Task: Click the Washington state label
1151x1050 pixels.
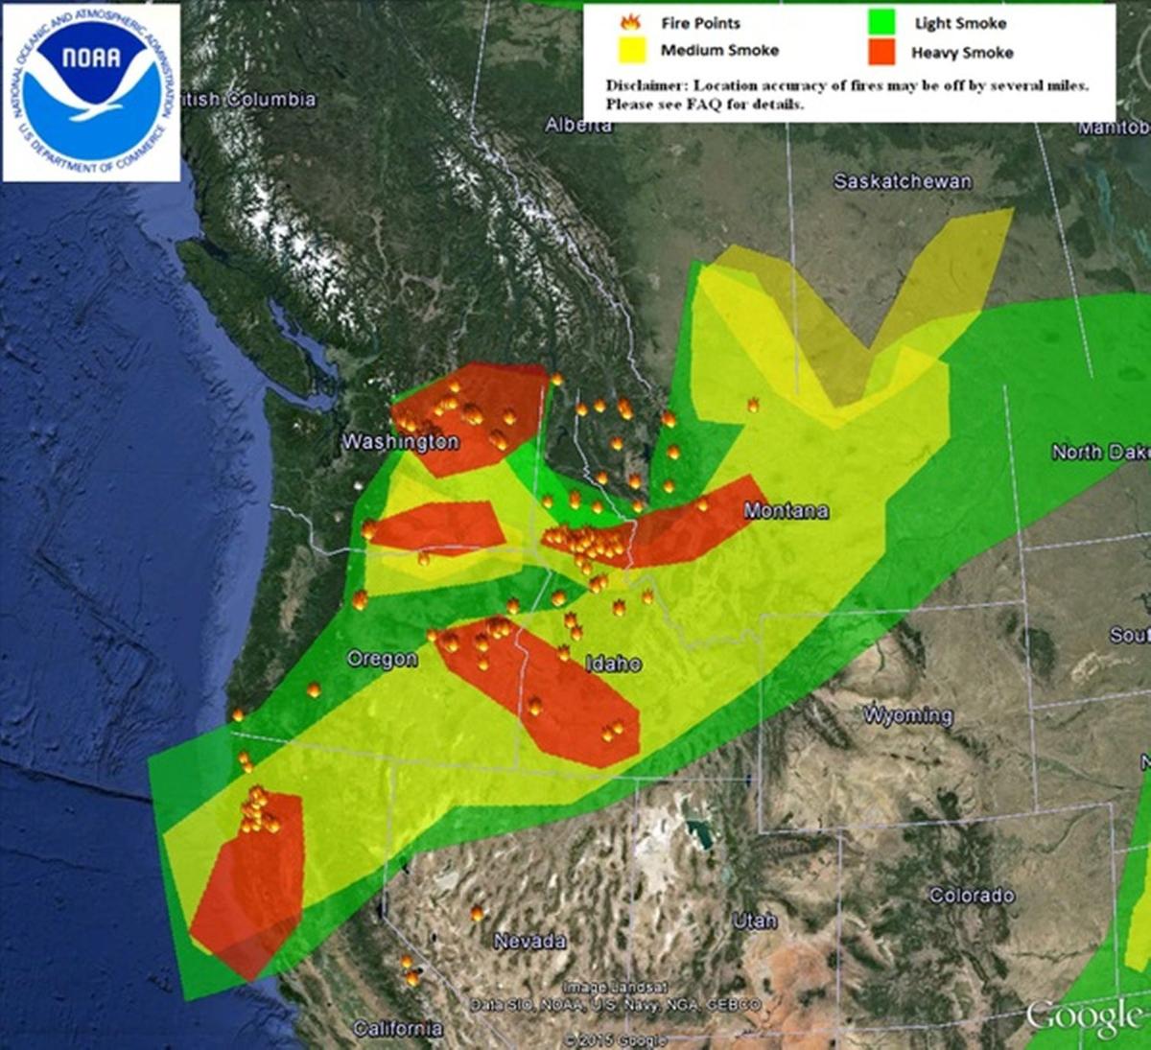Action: [x=400, y=442]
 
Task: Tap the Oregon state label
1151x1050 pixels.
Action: [x=382, y=660]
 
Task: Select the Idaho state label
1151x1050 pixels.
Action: [x=613, y=664]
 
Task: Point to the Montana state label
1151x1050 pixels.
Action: [x=786, y=511]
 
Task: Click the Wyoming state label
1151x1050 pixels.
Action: [x=907, y=715]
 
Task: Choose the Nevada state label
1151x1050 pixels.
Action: [x=529, y=941]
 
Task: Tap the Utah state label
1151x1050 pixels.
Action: [x=755, y=921]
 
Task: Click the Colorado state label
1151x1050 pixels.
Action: [x=972, y=896]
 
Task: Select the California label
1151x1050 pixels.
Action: [x=397, y=1029]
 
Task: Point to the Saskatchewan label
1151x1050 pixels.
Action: [x=902, y=181]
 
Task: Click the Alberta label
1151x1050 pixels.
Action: [x=578, y=126]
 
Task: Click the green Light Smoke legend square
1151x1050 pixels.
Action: [x=881, y=22]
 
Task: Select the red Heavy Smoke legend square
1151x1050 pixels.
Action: [x=881, y=52]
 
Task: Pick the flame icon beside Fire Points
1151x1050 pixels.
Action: [x=631, y=22]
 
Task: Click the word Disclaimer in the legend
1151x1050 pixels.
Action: [x=646, y=85]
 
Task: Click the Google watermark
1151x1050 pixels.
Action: [x=1083, y=1016]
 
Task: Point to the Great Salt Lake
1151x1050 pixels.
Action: [x=699, y=832]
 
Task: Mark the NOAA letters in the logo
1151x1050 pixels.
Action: [x=91, y=58]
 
